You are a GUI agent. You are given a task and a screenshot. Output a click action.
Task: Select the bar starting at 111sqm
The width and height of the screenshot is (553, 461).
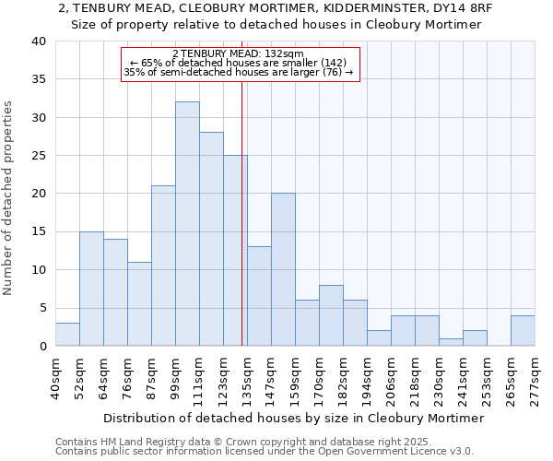[211, 239]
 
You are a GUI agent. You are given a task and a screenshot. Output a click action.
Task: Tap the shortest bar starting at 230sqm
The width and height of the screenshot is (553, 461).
[451, 342]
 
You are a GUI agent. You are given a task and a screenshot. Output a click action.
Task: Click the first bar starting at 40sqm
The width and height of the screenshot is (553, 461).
[67, 335]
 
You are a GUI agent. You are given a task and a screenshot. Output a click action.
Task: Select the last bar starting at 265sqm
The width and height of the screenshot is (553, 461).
[523, 331]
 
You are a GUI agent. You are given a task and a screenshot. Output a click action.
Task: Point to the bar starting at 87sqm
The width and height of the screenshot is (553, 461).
[163, 266]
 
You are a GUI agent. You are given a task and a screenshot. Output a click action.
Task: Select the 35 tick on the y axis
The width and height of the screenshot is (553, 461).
[39, 79]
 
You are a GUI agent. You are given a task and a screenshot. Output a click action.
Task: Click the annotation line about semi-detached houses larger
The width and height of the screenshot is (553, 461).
[239, 72]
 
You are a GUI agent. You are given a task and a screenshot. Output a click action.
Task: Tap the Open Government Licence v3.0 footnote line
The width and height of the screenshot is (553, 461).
[265, 452]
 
